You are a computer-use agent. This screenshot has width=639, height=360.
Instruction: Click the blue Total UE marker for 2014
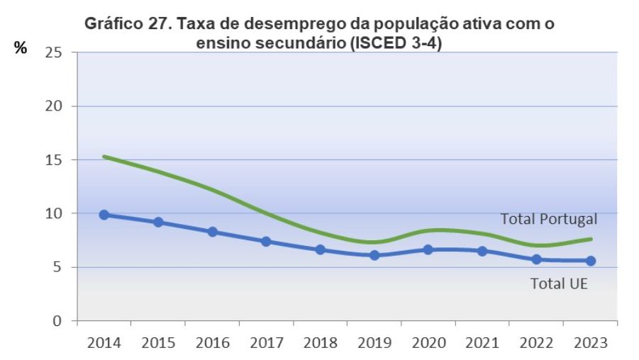tap(104, 215)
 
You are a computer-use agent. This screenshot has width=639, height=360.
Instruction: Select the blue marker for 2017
tap(266, 242)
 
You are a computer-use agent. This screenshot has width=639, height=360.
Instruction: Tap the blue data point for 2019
tap(374, 255)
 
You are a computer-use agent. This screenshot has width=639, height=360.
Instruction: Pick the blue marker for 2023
tap(590, 261)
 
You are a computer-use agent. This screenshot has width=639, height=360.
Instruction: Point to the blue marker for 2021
tap(482, 251)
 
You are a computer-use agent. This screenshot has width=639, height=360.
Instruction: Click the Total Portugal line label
tap(549, 219)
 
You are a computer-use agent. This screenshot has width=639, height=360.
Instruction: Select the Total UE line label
tap(560, 284)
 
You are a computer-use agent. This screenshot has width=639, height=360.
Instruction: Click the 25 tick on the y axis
tap(53, 52)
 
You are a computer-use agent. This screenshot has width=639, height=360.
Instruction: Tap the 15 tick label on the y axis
tap(53, 159)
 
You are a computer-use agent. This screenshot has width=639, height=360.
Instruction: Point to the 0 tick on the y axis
tap(57, 321)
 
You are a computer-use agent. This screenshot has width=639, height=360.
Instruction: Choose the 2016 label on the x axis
tap(212, 343)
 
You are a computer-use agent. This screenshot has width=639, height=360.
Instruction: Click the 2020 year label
tap(428, 343)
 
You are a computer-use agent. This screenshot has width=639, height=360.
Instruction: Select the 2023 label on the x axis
tap(590, 343)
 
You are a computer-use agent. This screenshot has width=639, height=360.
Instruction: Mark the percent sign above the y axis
tap(21, 49)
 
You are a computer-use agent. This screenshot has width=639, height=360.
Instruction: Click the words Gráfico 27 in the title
tap(125, 23)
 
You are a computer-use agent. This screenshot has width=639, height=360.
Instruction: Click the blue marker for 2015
tap(158, 223)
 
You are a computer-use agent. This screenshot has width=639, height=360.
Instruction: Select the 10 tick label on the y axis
tap(53, 213)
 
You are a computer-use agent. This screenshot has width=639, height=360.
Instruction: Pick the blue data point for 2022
tap(536, 259)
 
